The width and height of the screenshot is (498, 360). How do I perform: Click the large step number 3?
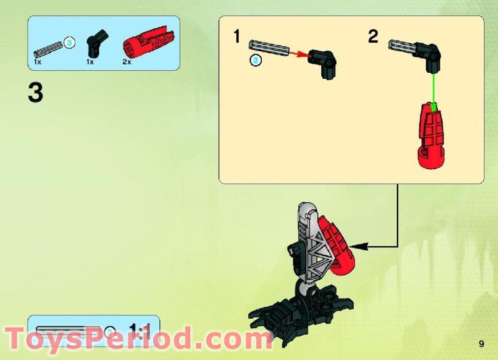[36, 93]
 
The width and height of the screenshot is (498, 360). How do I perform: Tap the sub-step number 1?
[236, 36]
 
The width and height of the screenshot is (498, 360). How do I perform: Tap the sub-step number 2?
[373, 36]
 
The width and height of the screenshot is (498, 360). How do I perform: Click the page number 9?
[481, 344]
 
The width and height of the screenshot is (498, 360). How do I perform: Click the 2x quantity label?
[126, 61]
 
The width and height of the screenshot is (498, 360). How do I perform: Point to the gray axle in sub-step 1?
[269, 47]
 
